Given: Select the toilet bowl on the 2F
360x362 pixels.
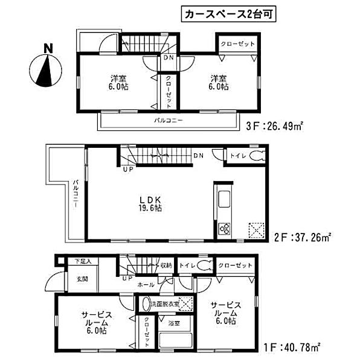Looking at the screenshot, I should (257, 156).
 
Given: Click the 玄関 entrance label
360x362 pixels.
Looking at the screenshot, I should (82, 279).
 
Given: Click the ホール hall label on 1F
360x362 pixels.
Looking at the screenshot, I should (146, 284).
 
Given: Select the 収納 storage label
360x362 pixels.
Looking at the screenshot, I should (166, 265).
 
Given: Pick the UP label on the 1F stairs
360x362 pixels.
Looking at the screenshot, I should (125, 279).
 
